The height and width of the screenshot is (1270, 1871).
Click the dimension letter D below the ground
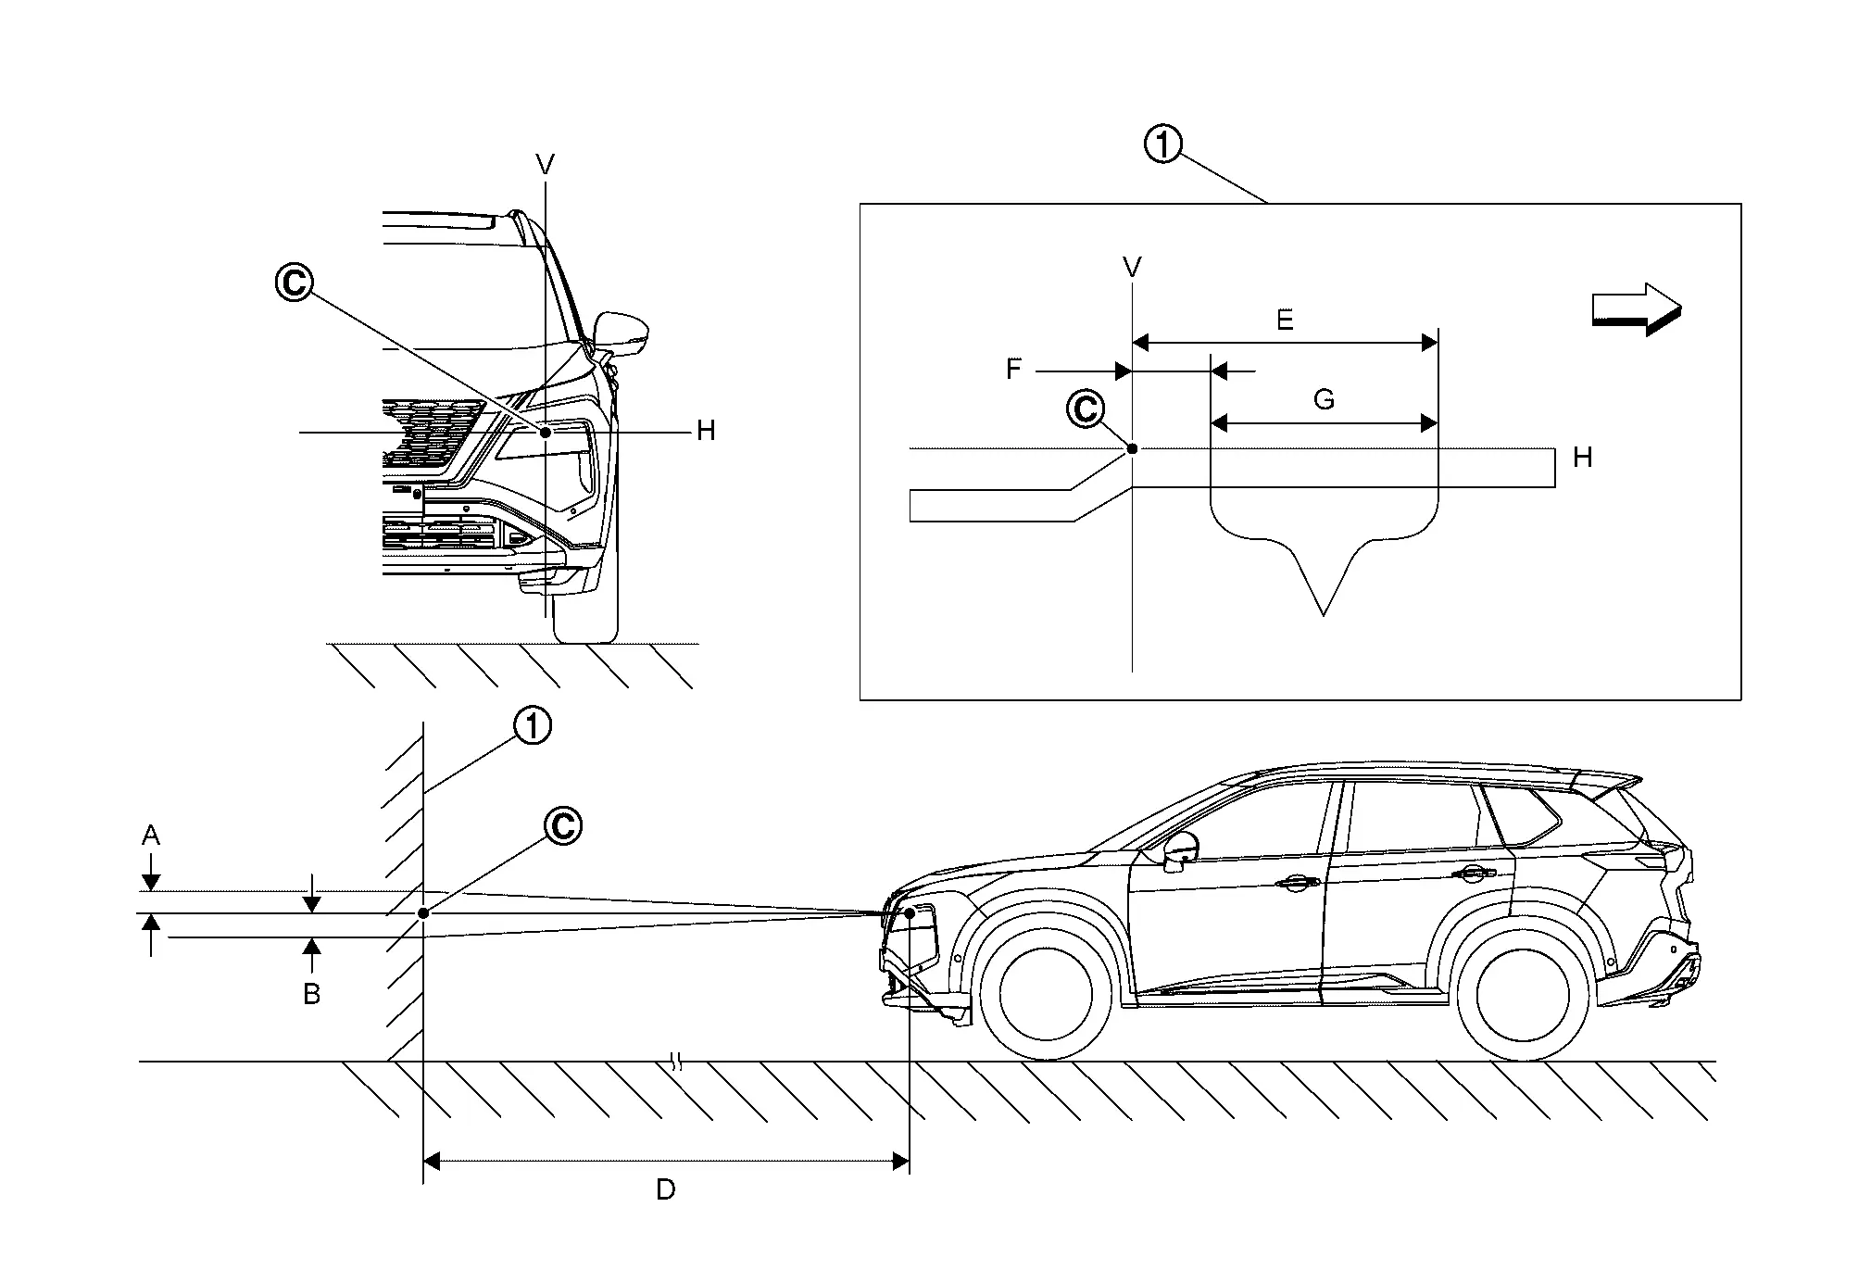pos(665,1190)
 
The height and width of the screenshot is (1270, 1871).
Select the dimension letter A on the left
pos(150,836)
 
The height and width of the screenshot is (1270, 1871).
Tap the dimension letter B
pos(312,995)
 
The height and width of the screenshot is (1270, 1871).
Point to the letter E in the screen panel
pos(1284,321)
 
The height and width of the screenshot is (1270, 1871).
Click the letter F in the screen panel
pos(1013,370)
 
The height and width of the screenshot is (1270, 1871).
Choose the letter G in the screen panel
pos(1324,400)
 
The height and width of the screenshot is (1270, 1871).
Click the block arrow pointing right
pos(1636,308)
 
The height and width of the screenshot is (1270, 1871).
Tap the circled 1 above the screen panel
pos(1163,145)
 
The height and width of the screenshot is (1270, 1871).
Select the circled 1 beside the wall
pos(533,726)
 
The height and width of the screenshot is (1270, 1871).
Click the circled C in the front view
pos(295,283)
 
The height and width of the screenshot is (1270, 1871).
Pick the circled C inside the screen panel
pos(1086,409)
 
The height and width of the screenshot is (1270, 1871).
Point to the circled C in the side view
pos(562,825)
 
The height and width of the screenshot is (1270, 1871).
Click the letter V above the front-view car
pos(546,165)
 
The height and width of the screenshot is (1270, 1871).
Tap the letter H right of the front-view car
pos(706,431)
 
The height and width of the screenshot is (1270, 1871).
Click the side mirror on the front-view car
pos(622,333)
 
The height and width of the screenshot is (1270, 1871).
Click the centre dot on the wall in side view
pos(423,912)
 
